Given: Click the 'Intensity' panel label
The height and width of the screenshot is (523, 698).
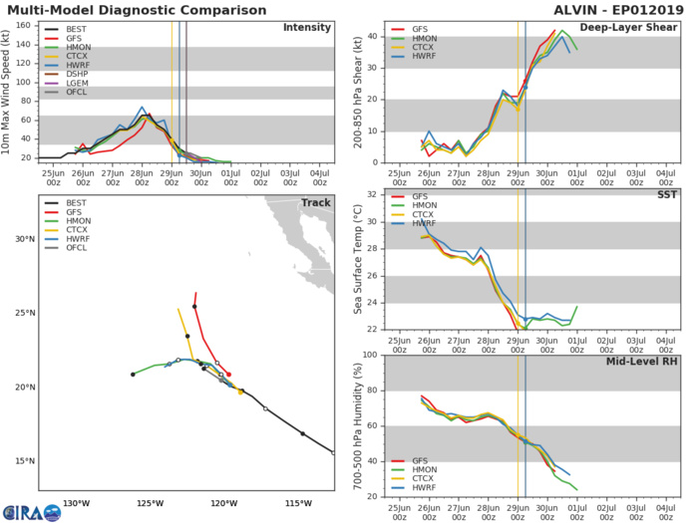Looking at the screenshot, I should click(306, 28).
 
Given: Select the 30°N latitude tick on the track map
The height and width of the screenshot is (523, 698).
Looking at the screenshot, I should click(21, 239).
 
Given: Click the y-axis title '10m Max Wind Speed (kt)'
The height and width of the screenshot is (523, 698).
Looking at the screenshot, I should click(9, 91).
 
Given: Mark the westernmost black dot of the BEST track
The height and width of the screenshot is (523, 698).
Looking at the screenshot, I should click(133, 375).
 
